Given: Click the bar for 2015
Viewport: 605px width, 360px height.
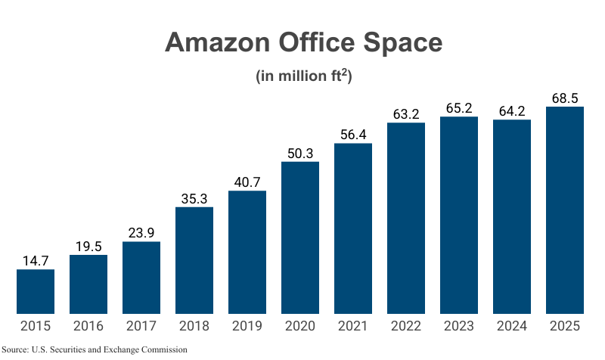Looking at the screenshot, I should (36, 291).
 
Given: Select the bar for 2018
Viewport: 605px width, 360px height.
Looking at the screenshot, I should (194, 260).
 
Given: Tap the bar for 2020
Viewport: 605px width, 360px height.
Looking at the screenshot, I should (300, 237).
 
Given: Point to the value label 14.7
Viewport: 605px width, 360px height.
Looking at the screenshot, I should (36, 260).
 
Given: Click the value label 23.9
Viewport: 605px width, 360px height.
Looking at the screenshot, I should (141, 232).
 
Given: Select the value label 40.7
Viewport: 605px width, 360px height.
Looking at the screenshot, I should (247, 182).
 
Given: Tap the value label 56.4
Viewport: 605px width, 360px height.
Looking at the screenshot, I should (353, 134).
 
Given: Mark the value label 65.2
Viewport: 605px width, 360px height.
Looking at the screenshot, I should (459, 107).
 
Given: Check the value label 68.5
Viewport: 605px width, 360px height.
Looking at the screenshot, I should (565, 98).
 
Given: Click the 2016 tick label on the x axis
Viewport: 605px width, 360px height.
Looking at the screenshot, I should (88, 327).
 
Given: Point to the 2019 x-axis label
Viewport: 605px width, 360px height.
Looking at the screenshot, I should (247, 327).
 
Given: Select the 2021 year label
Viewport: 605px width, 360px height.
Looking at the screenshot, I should (353, 327).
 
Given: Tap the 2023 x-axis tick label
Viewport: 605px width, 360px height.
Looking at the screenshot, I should (459, 327).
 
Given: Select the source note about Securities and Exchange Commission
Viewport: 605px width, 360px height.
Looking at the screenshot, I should (94, 349).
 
